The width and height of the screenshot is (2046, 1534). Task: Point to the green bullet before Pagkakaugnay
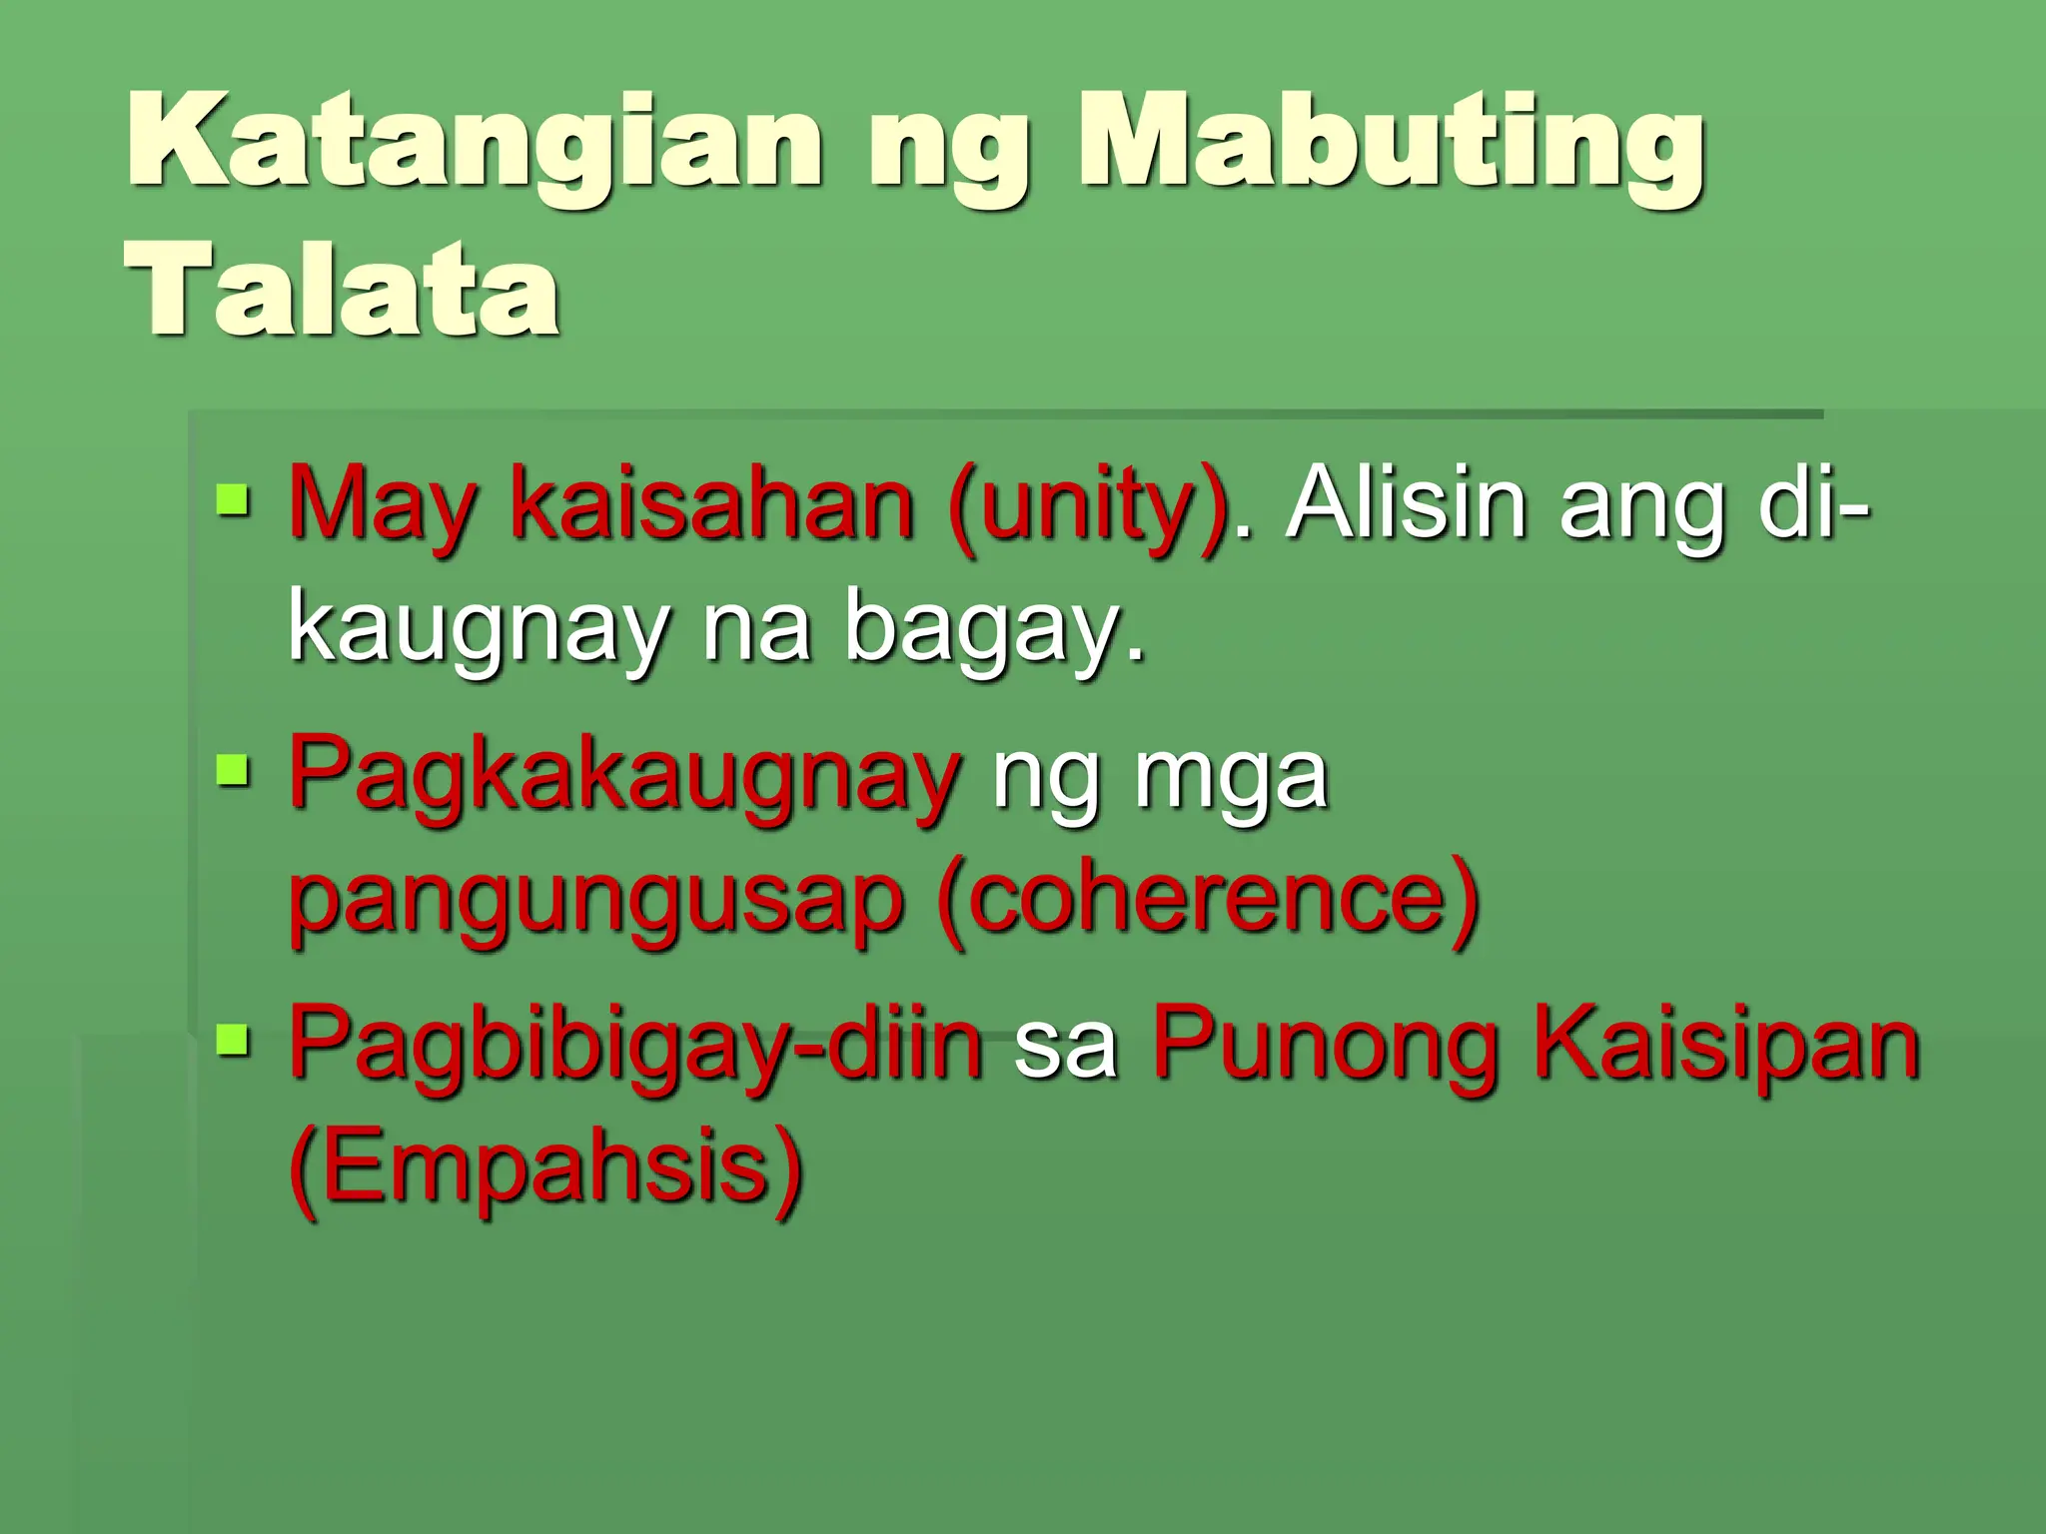pyautogui.click(x=232, y=770)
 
